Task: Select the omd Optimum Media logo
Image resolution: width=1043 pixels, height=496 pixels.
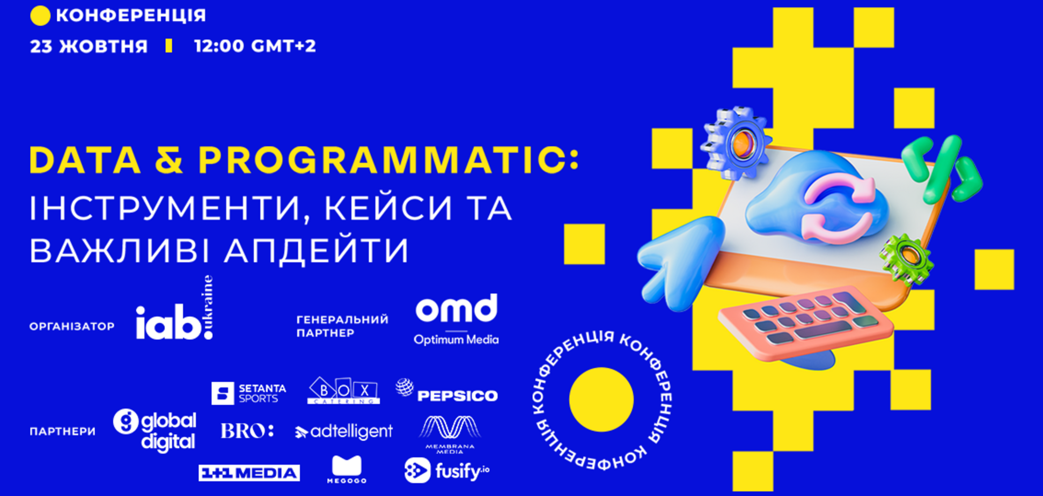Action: coord(456,319)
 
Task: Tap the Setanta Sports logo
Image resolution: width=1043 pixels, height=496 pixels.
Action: coord(248,393)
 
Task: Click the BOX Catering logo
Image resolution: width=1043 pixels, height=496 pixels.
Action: coord(343,391)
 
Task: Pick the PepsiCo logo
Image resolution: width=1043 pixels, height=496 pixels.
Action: coord(447,392)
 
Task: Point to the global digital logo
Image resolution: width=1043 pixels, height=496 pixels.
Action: coord(155,431)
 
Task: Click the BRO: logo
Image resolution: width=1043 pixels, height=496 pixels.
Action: coord(247,431)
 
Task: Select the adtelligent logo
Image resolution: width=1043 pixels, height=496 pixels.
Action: coord(344,432)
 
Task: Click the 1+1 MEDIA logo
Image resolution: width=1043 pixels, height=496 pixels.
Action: coord(249,473)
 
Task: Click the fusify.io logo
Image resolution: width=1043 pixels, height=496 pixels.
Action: coord(446,471)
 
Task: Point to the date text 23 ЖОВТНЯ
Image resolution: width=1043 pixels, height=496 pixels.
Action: coord(89,46)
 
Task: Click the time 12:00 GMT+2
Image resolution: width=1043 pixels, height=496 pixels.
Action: coord(255,46)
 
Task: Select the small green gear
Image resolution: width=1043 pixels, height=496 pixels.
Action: coord(906,258)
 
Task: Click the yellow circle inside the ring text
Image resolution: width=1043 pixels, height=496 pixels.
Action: coord(601,400)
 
